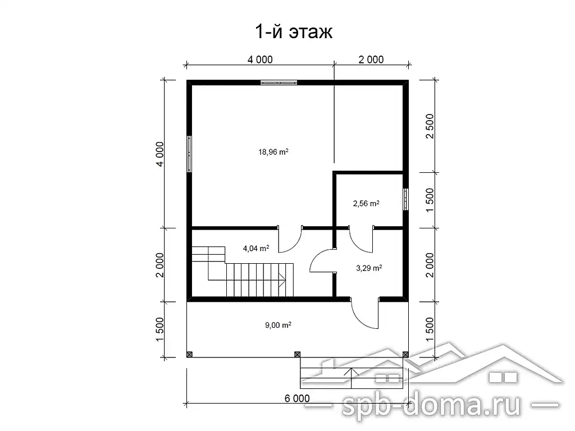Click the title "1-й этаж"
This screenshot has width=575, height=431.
tap(293, 32)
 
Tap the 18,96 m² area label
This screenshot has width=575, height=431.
tap(273, 152)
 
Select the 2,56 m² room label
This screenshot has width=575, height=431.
tap(366, 203)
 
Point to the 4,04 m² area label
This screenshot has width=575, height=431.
tap(256, 249)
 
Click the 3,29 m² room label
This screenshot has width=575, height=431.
tap(369, 268)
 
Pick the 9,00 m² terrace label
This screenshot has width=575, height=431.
tap(278, 325)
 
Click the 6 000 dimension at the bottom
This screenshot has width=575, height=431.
tap(297, 398)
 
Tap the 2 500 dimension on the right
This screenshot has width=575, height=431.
tap(430, 126)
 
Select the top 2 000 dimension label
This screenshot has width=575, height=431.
tap(371, 59)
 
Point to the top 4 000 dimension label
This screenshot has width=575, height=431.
tap(260, 59)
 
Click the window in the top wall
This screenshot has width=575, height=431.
tap(279, 82)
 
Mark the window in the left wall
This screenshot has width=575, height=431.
tap(189, 154)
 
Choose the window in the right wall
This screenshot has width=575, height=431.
tap(405, 199)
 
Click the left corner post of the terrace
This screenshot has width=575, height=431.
tap(190, 355)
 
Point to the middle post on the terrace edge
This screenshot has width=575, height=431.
tap(298, 355)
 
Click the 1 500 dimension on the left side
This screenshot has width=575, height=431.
tap(159, 329)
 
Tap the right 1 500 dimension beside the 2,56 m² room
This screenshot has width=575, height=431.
tap(430, 200)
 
